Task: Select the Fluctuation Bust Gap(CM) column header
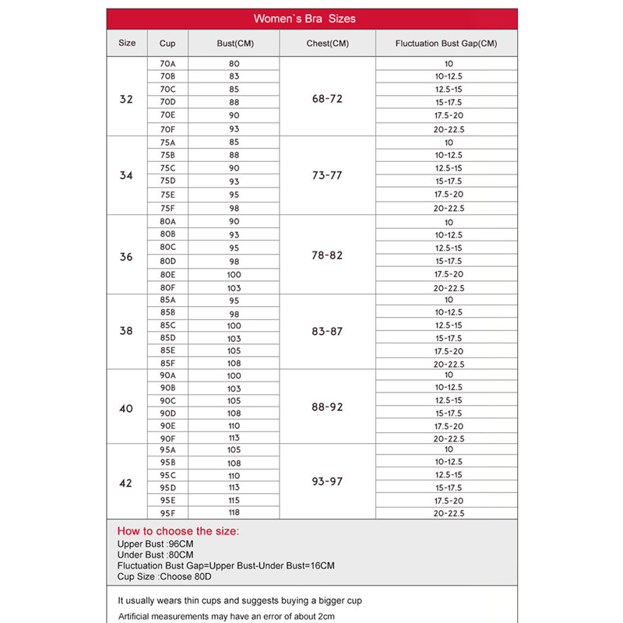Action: [445, 44]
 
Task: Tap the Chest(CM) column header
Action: [327, 44]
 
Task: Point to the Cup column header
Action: [167, 44]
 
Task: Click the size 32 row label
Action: [126, 100]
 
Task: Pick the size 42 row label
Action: [126, 484]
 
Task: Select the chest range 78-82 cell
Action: [327, 255]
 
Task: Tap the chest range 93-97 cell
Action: [327, 482]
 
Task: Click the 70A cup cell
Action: [167, 63]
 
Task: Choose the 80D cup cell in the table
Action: [167, 261]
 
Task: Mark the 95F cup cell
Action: [167, 513]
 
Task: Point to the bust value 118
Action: [234, 513]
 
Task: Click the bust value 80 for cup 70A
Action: [234, 63]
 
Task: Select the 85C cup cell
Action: [167, 326]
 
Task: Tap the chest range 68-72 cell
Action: [327, 100]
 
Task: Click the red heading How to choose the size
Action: [178, 531]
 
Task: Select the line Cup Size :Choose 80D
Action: [164, 577]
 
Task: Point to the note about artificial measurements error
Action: [226, 616]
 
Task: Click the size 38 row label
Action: [126, 331]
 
